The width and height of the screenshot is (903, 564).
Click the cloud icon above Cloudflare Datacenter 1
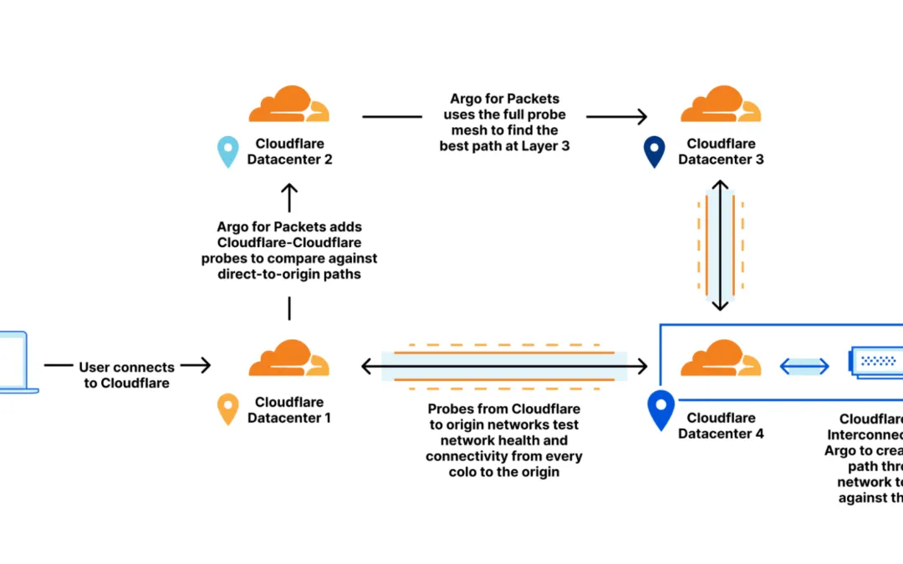[x=288, y=358]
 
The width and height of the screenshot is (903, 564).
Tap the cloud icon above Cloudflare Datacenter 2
[x=288, y=104]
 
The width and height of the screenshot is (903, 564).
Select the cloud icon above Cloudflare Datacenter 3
[x=720, y=104]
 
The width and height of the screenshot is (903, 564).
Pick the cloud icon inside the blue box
[x=720, y=358]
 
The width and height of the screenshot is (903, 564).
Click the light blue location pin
[x=227, y=152]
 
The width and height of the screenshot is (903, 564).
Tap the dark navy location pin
[x=654, y=152]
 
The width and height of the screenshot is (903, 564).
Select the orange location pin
[x=227, y=409]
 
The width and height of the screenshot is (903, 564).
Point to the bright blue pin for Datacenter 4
[x=661, y=410]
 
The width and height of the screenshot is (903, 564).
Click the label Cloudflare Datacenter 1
[x=289, y=409]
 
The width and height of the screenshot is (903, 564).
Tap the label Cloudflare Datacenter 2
[x=289, y=151]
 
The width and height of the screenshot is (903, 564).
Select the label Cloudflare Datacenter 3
[x=721, y=151]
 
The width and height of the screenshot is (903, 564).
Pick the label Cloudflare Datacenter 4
[x=721, y=425]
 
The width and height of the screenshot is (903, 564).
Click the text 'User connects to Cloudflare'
[x=126, y=374]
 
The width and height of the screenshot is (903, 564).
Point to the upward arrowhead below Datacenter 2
[x=289, y=191]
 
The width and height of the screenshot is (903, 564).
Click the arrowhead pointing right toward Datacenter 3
[x=642, y=117]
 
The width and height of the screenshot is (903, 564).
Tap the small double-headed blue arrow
[x=804, y=365]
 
